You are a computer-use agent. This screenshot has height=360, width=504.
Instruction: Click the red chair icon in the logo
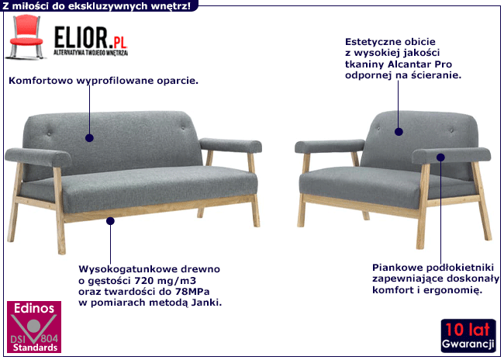point(26,36)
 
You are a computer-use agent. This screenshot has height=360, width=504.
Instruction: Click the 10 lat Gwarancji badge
point(468,335)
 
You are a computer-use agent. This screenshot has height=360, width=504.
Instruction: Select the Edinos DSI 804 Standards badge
point(34,327)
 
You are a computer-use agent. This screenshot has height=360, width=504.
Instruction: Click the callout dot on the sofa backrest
point(89,138)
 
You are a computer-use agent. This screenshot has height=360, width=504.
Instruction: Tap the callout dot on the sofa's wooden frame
point(110,221)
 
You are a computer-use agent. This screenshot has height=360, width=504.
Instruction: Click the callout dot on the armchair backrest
point(399,132)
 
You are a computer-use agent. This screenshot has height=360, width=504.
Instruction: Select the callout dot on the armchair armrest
point(440,157)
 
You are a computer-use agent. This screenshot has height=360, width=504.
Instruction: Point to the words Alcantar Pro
point(419,64)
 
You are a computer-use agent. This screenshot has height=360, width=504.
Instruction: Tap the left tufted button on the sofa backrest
point(49,133)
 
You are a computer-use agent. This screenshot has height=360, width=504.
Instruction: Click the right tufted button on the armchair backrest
point(451,130)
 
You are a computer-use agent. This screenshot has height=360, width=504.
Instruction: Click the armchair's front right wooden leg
point(422,206)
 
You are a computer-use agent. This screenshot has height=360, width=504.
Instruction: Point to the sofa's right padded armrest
point(230,145)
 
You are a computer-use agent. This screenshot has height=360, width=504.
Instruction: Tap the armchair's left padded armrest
point(330,147)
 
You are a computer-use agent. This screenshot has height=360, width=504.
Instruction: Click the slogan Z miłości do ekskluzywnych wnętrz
point(97,5)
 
